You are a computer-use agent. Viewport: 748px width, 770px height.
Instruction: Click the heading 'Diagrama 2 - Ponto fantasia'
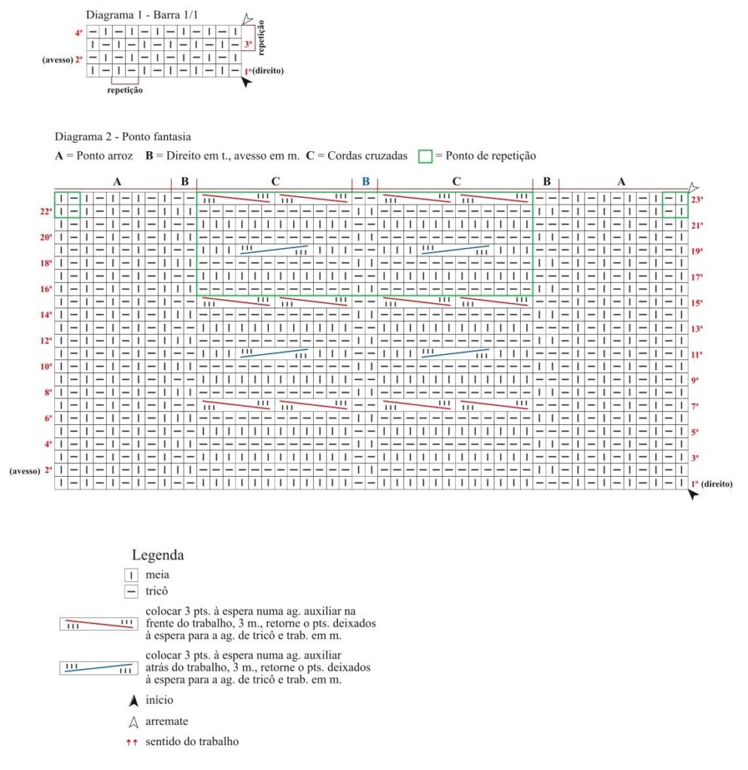click(122, 137)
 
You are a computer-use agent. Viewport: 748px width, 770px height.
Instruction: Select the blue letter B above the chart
click(365, 181)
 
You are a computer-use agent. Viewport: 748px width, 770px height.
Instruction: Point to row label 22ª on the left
click(46, 212)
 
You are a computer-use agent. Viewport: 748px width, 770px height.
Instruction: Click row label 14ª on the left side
click(46, 315)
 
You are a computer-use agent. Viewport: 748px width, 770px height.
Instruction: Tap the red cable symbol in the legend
click(99, 624)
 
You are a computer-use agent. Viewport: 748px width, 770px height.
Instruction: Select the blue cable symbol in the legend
click(99, 668)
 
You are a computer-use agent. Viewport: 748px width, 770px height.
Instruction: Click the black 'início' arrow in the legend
click(133, 701)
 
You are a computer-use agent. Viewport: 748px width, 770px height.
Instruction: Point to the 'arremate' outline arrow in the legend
click(133, 722)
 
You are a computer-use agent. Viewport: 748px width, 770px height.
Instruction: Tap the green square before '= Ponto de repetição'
click(425, 156)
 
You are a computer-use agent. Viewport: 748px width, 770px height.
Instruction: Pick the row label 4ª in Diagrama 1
click(79, 33)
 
